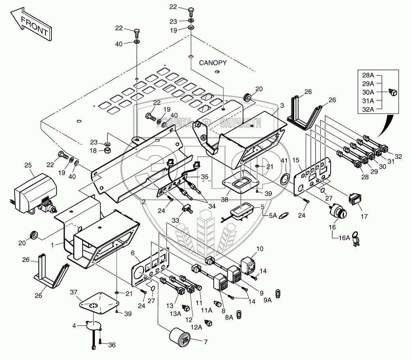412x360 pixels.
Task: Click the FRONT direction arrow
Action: tap(31, 25)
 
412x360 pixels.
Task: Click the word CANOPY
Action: tap(213, 62)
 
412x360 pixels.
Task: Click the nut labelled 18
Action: tap(107, 151)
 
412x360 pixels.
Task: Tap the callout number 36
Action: tap(111, 345)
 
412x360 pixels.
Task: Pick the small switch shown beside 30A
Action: tap(393, 92)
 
